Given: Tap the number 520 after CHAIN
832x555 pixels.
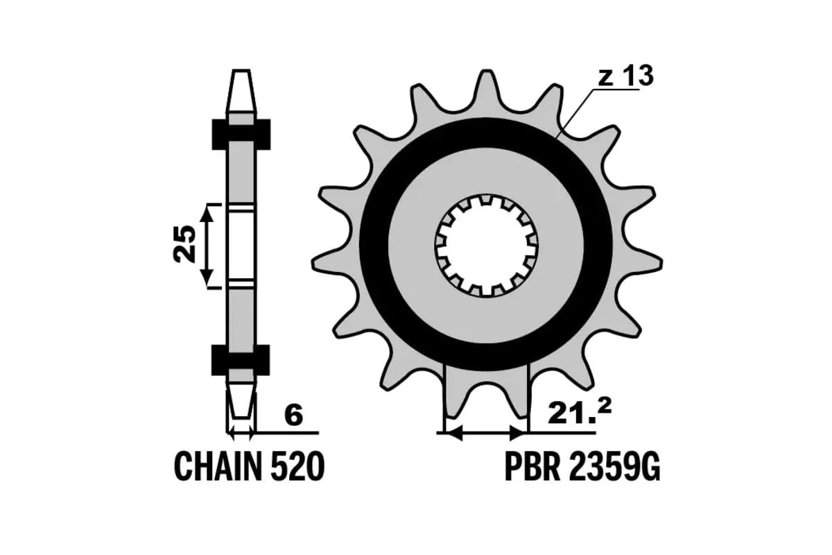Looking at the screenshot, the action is [x=297, y=466].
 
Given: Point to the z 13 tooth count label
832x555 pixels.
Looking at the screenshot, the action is [x=626, y=76].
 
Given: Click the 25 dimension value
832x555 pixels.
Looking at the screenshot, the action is [x=184, y=245].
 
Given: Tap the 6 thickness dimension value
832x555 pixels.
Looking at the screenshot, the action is [x=293, y=416].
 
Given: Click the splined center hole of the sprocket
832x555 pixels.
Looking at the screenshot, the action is [x=486, y=246].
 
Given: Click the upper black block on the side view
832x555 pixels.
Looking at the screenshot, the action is [x=241, y=135].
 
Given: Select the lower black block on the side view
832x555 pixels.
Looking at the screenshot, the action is [x=241, y=360].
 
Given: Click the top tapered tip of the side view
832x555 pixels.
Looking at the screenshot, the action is [x=241, y=91].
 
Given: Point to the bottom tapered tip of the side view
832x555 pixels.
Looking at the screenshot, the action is [x=241, y=401].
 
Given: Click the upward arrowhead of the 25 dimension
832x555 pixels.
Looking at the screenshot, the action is [x=207, y=213].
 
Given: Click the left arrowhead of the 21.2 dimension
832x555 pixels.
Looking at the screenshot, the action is [x=453, y=433].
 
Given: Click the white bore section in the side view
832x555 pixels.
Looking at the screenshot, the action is [x=241, y=246].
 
